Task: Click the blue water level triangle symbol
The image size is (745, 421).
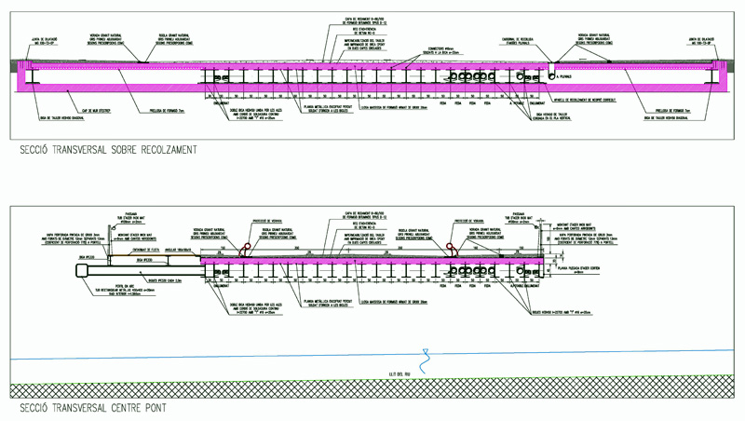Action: pos(426,354)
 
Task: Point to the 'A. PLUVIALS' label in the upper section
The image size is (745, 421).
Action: pos(570,76)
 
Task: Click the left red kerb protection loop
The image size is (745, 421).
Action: pos(246,249)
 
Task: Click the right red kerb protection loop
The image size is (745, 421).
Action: pos(454,249)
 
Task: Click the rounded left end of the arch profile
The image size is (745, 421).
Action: pos(80,269)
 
